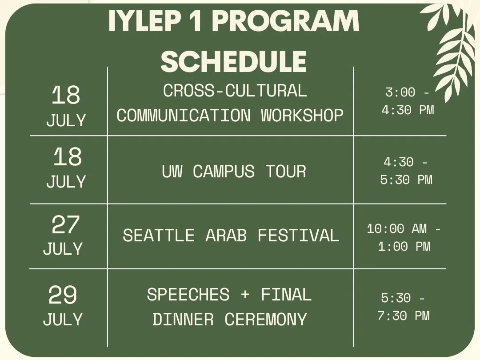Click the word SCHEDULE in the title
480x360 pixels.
click(x=233, y=61)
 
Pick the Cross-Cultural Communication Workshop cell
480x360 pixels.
click(x=230, y=103)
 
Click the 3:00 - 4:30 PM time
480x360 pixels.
click(x=408, y=101)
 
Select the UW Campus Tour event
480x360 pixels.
click(x=234, y=171)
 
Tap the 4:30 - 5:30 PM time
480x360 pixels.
click(x=406, y=171)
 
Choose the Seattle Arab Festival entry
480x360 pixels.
click(x=231, y=235)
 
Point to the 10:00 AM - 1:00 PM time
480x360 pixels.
click(x=404, y=238)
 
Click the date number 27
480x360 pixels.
click(x=65, y=225)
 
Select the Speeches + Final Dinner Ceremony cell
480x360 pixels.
click(x=229, y=307)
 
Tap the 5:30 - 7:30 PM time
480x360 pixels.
click(x=404, y=307)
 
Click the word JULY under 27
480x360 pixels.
click(x=63, y=249)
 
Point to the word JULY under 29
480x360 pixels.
click(x=63, y=320)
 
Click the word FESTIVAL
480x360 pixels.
click(x=298, y=236)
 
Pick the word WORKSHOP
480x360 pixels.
click(x=302, y=116)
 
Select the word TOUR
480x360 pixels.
click(x=286, y=171)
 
